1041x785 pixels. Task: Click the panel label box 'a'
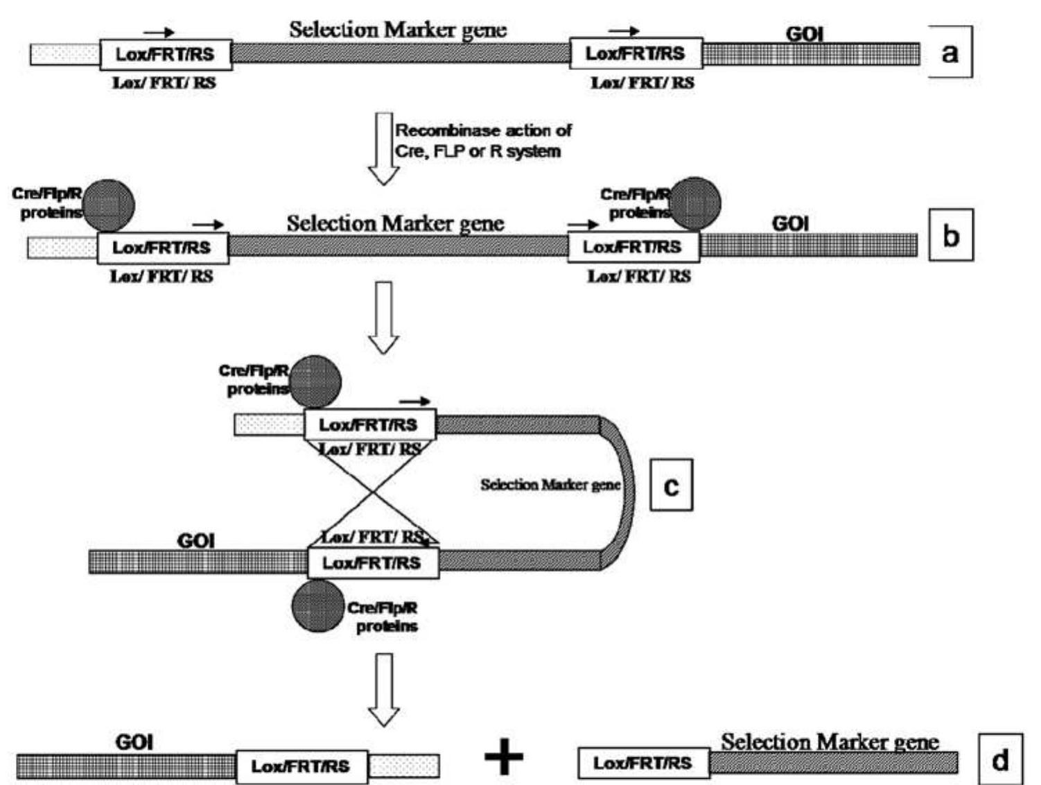[950, 52]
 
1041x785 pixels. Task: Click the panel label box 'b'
[950, 236]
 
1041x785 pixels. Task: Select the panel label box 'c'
[670, 485]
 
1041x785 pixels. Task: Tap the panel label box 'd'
[999, 759]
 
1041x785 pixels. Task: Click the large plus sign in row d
[504, 756]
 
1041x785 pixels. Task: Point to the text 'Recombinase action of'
[483, 130]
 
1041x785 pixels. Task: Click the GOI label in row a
[804, 33]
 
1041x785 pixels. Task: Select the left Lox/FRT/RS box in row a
[166, 54]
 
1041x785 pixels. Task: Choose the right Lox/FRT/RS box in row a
[636, 53]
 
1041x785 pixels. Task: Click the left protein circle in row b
[109, 205]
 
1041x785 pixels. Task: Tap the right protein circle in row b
[695, 202]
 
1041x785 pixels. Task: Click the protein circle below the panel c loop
[318, 606]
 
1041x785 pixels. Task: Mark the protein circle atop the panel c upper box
[315, 381]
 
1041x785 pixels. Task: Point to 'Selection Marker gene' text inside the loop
[550, 485]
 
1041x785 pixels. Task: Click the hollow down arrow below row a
[383, 148]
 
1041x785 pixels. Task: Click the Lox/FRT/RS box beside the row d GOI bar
[301, 766]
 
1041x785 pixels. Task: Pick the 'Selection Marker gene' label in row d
[830, 742]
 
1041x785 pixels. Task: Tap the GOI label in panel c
[195, 540]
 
